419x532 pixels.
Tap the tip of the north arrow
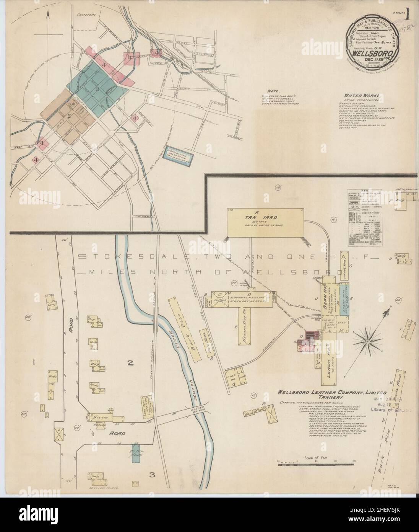[x=49, y=10]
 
